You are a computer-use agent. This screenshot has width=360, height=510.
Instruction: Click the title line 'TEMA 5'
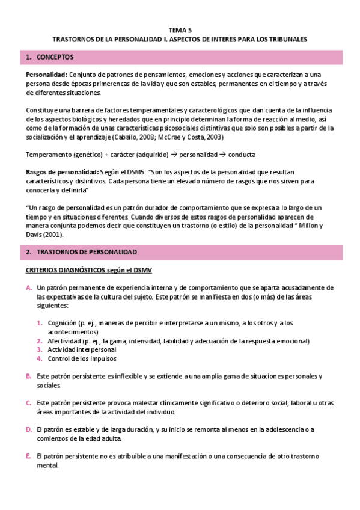pyautogui.click(x=180, y=29)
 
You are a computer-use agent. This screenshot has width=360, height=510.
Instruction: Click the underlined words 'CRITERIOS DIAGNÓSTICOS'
pyautogui.click(x=66, y=271)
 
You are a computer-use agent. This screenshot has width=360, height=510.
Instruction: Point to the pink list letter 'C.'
pyautogui.click(x=29, y=402)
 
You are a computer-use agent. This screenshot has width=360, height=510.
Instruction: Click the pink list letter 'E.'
pyautogui.click(x=29, y=455)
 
